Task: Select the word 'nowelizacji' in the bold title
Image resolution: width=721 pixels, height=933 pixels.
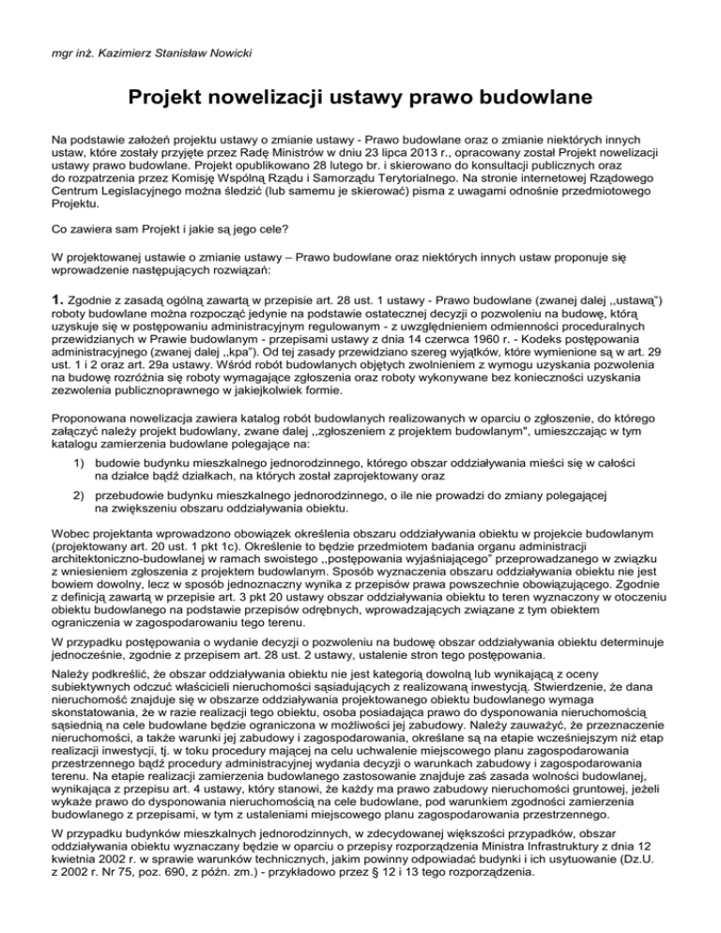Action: coord(272,95)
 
